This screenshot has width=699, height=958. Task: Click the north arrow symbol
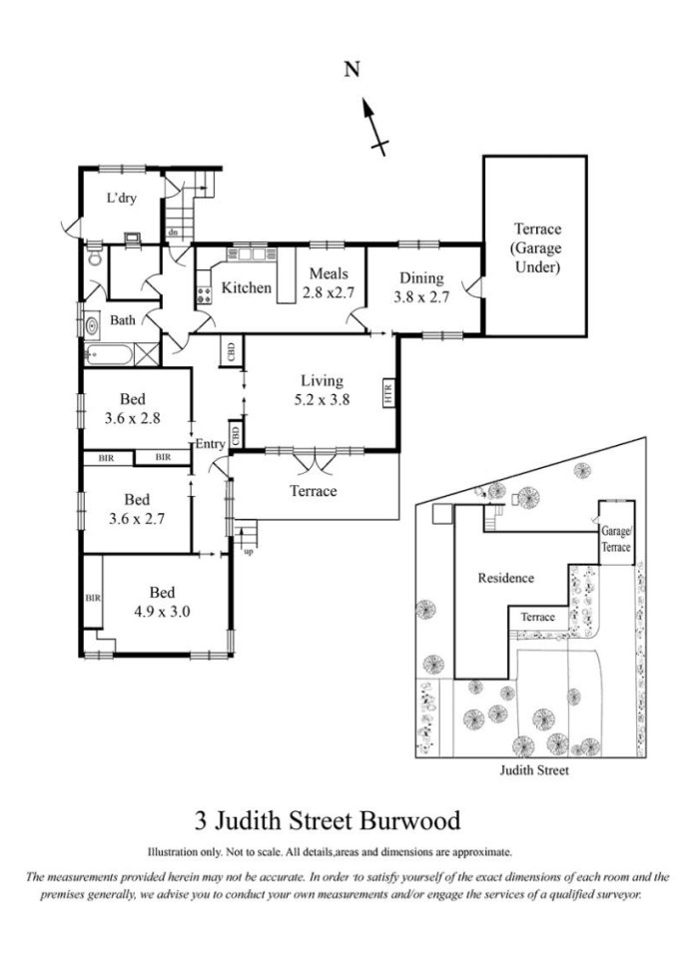click(x=374, y=127)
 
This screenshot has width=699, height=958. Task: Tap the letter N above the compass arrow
click(x=351, y=70)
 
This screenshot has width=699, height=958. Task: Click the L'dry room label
click(x=121, y=198)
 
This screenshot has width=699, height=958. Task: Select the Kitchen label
click(x=246, y=287)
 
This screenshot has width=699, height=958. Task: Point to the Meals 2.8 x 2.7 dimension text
click(x=329, y=282)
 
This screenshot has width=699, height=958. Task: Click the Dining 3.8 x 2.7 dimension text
click(x=421, y=287)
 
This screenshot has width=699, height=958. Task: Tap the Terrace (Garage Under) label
click(x=537, y=247)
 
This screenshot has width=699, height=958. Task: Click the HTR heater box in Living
click(x=388, y=392)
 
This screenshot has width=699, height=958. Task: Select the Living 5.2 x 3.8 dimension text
click(x=322, y=390)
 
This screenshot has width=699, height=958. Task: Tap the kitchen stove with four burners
click(x=204, y=295)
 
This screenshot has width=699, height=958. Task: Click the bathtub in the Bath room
click(x=109, y=354)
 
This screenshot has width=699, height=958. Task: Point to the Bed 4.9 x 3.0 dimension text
click(x=162, y=602)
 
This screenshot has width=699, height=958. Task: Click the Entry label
click(x=210, y=444)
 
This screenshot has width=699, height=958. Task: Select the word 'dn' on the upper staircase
click(x=173, y=233)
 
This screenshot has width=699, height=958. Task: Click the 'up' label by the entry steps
click(x=249, y=552)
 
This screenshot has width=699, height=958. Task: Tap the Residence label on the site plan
click(x=505, y=578)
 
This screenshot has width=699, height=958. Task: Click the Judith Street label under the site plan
click(x=534, y=769)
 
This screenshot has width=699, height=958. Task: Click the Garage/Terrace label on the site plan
click(x=616, y=539)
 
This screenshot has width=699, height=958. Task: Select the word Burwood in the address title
click(x=409, y=820)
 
